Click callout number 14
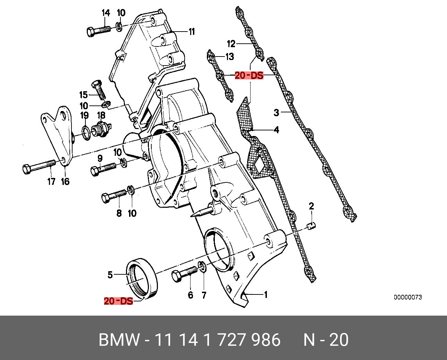click(106, 13)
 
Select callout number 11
click(192, 32)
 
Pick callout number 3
click(276, 113)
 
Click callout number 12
click(231, 44)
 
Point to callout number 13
click(229, 57)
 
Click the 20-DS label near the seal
click(118, 301)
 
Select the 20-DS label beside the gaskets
click(249, 75)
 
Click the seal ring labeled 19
click(85, 131)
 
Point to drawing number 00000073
click(407, 297)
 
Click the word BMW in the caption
click(119, 340)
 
